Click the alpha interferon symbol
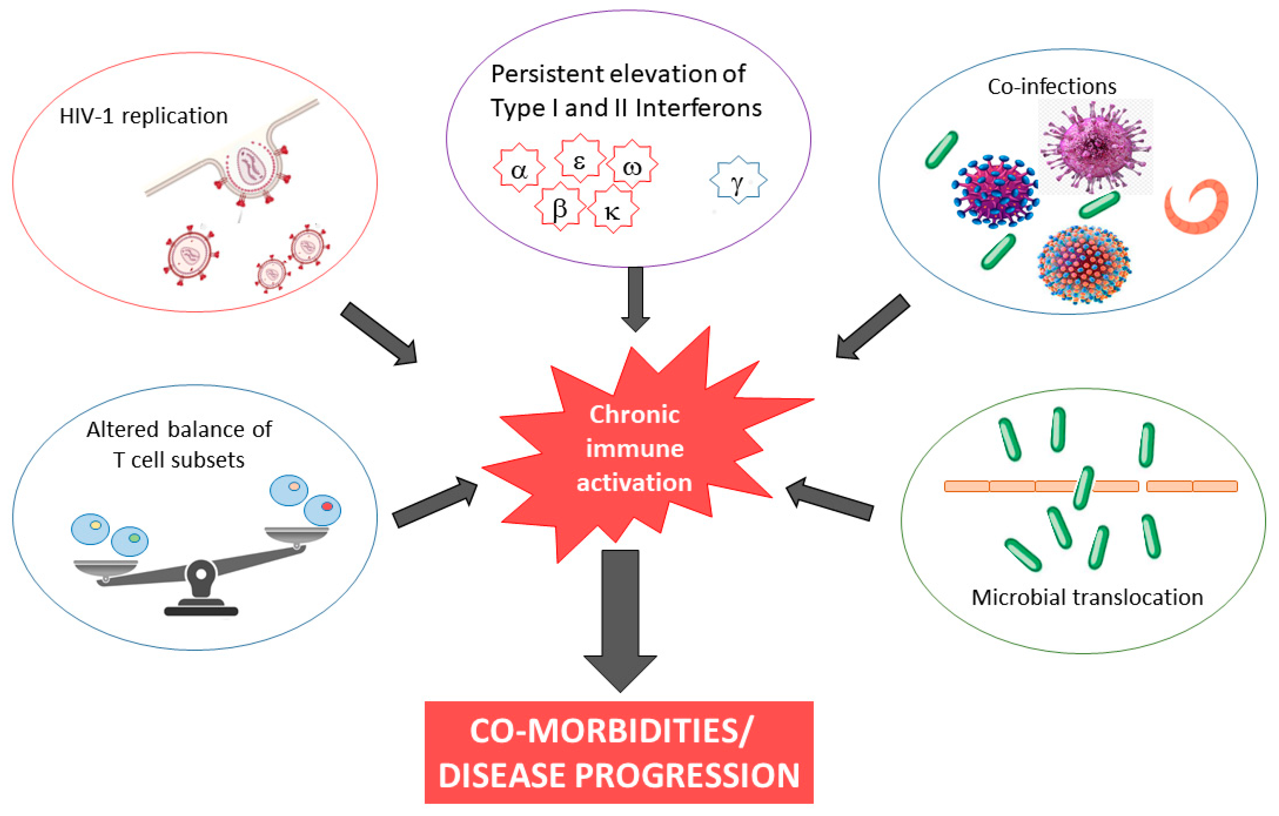519,168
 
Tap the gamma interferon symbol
738,180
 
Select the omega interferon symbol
632,165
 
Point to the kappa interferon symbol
613,210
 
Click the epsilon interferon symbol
580,158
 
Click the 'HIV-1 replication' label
143,116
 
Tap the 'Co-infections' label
1052,86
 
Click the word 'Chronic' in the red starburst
634,414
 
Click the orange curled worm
1201,206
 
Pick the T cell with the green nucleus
130,541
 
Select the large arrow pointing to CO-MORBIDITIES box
621,621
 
